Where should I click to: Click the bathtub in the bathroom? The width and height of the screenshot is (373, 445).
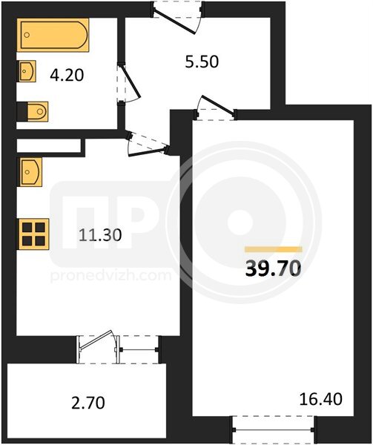(53, 35)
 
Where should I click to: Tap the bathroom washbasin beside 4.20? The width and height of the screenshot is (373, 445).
(27, 71)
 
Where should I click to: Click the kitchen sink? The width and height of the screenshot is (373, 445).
(30, 172)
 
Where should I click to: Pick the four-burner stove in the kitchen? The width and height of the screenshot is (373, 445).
(33, 234)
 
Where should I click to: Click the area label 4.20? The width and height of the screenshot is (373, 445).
(67, 76)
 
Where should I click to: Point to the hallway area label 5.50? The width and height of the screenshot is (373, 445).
(202, 62)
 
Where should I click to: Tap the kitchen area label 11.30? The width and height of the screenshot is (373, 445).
(100, 235)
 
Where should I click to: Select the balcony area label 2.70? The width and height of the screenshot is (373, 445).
(88, 403)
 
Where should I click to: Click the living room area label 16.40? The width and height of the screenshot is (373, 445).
(321, 399)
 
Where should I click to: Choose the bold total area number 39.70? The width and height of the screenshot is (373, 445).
(273, 268)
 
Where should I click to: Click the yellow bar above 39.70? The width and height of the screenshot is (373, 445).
(274, 249)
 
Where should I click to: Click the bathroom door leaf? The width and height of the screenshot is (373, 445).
(130, 82)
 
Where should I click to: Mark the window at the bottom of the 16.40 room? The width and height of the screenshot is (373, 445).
(273, 429)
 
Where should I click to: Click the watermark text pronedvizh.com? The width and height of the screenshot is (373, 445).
(110, 275)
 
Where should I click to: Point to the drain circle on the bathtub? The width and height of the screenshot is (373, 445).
(27, 35)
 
